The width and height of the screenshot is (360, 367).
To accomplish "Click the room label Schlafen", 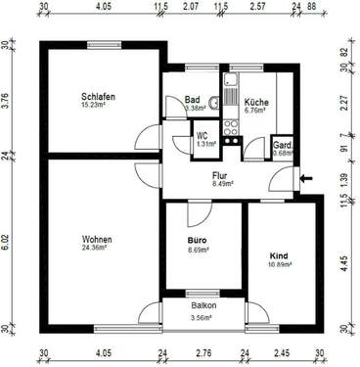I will (99, 97).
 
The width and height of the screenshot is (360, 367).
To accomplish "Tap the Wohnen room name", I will (97, 239).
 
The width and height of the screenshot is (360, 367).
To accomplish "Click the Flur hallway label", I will (220, 176).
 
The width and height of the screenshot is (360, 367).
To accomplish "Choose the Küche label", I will (257, 101).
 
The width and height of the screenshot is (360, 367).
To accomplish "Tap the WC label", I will (204, 135).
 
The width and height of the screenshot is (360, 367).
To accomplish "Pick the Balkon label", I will (203, 305).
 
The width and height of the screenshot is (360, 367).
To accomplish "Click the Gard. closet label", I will (283, 143).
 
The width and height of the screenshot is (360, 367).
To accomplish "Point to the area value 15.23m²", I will (99, 107).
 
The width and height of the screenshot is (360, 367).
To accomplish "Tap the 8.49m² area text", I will (220, 185).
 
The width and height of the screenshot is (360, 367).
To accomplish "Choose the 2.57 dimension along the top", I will (257, 7).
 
